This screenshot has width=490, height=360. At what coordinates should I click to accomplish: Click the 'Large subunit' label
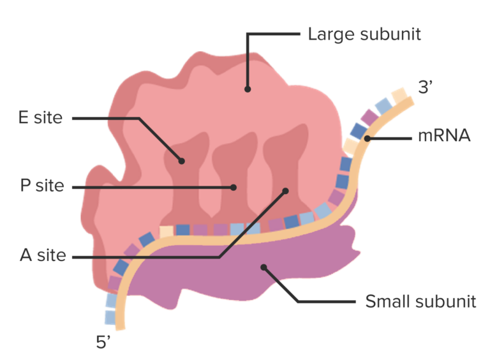click(x=364, y=33)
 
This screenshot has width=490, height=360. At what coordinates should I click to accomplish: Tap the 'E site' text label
click(x=40, y=118)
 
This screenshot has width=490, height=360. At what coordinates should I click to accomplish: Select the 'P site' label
click(x=42, y=187)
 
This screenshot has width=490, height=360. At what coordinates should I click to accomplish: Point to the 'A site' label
click(x=43, y=257)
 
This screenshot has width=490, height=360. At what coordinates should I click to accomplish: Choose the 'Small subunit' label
click(x=420, y=301)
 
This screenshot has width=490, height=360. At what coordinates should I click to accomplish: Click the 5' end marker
click(x=104, y=343)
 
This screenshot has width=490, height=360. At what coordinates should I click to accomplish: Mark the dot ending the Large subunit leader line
click(x=248, y=89)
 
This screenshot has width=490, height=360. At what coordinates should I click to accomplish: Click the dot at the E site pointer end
click(x=182, y=161)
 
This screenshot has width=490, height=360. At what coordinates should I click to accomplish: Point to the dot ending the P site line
click(x=234, y=188)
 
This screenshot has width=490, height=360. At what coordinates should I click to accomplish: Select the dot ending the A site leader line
click(x=286, y=190)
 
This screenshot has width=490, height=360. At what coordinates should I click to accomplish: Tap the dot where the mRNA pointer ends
click(x=367, y=137)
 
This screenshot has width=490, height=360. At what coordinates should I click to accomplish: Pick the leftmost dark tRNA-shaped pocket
click(x=185, y=185)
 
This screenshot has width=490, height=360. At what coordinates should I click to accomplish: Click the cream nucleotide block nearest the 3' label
click(x=399, y=96)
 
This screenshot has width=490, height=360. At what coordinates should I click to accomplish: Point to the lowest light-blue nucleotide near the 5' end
click(x=110, y=317)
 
